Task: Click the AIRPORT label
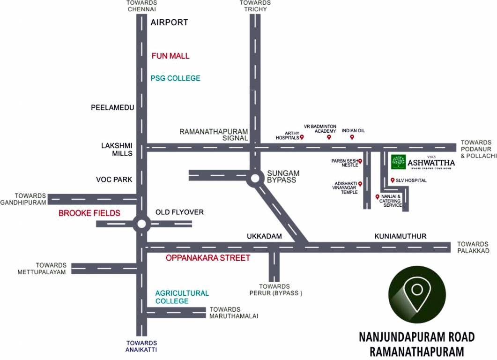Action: point(169,22)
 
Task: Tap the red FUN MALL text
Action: point(171,56)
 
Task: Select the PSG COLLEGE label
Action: point(175,78)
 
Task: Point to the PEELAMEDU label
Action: point(112,108)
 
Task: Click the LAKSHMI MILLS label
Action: point(117,150)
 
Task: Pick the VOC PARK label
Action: point(114,180)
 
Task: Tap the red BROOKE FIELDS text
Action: point(89,213)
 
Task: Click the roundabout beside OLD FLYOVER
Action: point(141,224)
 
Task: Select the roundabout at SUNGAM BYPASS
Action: point(255,179)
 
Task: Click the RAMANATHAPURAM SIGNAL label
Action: point(214,135)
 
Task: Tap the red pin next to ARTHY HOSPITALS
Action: point(302,137)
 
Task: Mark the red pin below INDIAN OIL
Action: point(352,137)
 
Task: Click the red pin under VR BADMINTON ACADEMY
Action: point(329,137)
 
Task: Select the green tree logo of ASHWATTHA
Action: point(398,162)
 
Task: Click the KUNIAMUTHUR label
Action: point(400,236)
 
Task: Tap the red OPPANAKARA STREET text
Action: point(208,258)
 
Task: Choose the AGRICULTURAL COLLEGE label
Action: point(182,297)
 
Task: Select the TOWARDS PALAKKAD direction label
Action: point(473,247)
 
